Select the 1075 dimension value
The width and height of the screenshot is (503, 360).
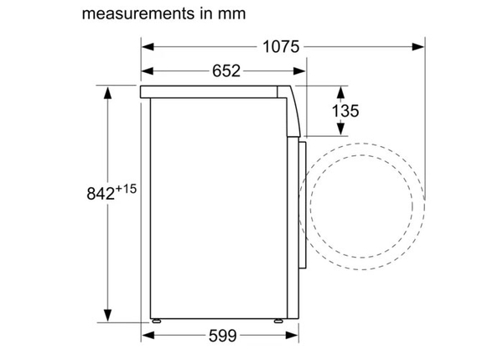(x=281, y=47)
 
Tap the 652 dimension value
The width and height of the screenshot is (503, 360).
(x=225, y=70)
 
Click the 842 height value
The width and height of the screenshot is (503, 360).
(x=98, y=193)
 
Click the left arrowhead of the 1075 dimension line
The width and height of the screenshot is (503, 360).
(x=146, y=47)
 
